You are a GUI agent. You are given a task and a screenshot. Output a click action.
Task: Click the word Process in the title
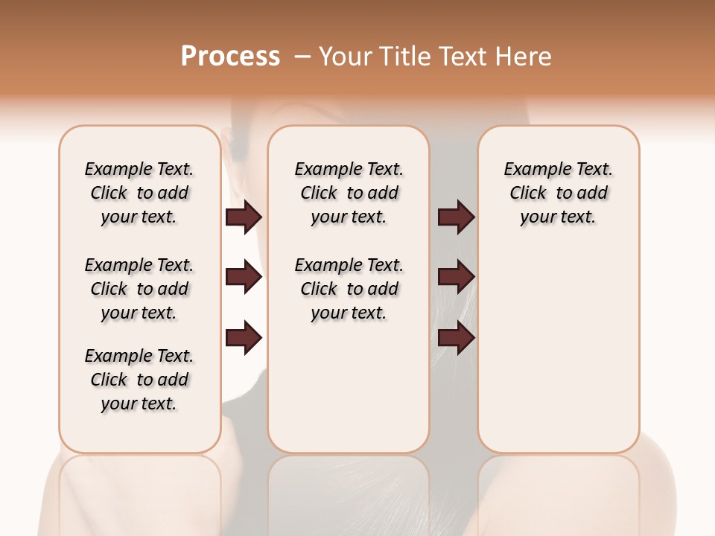tap(230, 57)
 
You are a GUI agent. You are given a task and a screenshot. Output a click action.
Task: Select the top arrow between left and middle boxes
tap(244, 217)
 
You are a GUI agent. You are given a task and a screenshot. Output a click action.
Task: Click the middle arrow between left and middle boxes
tap(244, 278)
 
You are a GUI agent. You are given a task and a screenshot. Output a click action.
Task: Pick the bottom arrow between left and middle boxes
tap(244, 338)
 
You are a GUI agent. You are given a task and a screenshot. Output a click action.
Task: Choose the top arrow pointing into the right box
tap(456, 217)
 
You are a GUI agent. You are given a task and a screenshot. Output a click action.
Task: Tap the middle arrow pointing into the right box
tap(456, 278)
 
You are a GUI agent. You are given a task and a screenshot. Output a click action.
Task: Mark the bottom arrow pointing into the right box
tap(456, 338)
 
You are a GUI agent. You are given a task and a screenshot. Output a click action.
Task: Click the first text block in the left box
tap(139, 193)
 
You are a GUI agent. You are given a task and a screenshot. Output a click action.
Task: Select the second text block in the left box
tap(139, 289)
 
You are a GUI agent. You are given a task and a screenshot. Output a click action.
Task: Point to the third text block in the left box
tap(139, 380)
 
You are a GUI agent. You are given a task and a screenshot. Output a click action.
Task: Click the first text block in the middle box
tap(349, 193)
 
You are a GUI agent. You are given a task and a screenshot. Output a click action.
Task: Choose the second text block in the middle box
tap(349, 289)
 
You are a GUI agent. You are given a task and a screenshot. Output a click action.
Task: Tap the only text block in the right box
tap(559, 193)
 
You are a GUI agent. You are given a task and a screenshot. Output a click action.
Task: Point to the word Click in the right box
tap(528, 194)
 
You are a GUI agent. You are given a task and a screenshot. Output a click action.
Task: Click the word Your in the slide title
tap(346, 57)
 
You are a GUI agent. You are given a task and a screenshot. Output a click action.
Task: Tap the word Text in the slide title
tap(463, 57)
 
